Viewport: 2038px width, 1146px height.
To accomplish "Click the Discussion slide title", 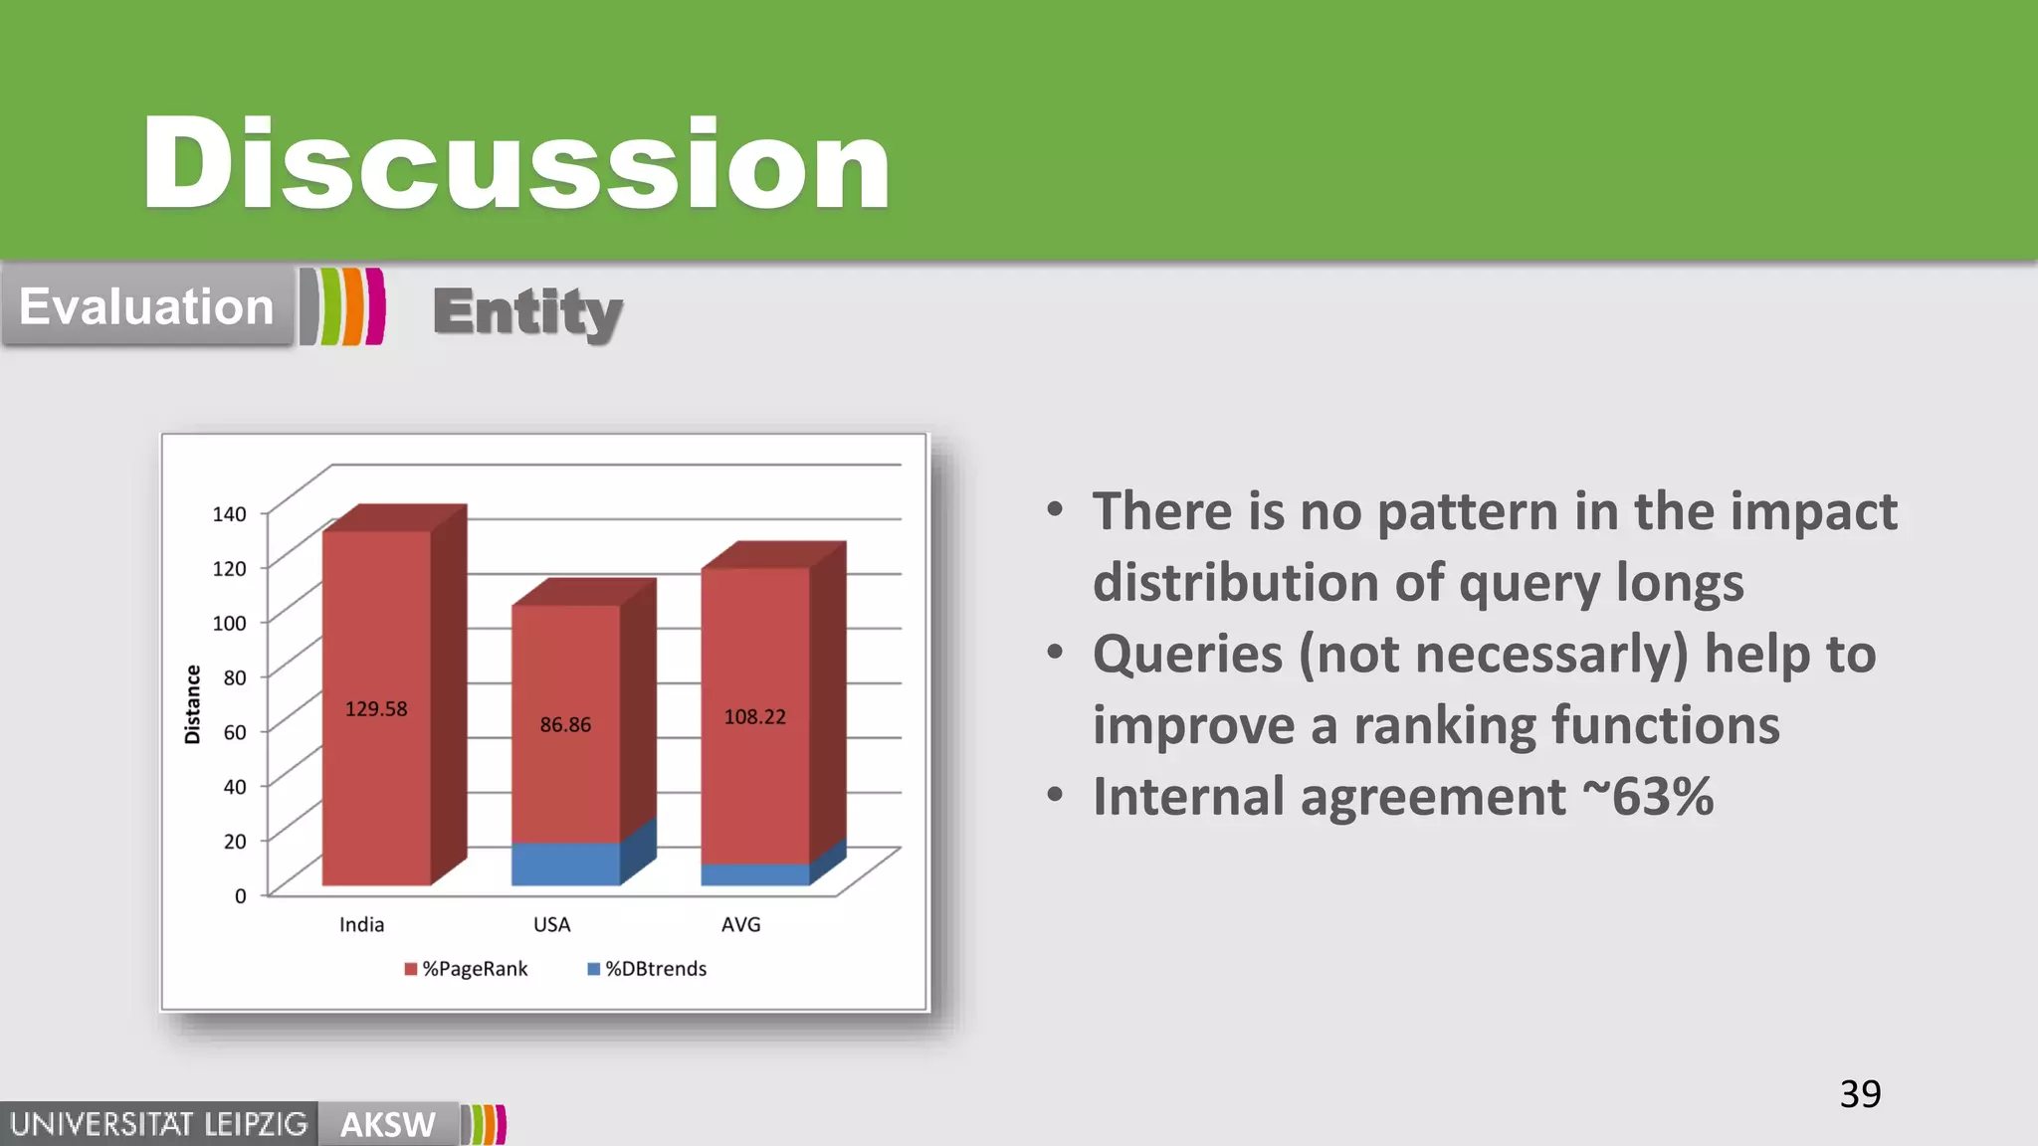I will click(x=515, y=164).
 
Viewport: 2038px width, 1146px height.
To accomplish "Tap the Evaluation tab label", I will click(x=146, y=306).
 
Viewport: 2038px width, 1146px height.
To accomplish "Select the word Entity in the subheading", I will click(x=527, y=312).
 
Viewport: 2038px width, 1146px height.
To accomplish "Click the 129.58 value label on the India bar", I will click(x=376, y=709).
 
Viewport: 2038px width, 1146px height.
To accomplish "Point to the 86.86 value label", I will click(x=565, y=725).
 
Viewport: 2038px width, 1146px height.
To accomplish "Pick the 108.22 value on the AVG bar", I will click(x=754, y=717).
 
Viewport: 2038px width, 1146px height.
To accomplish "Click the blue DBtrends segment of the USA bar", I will click(x=565, y=863).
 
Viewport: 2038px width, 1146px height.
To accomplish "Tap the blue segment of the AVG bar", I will click(x=754, y=874).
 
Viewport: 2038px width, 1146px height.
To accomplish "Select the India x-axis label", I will click(x=361, y=925).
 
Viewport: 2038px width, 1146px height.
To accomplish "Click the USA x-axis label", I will click(x=551, y=925).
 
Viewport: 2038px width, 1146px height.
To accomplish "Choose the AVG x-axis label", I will click(x=740, y=925).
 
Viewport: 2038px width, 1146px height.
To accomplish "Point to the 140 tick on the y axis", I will click(x=229, y=514).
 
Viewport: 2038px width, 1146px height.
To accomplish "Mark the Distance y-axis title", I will click(x=192, y=704).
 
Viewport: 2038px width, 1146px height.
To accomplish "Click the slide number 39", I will click(x=1860, y=1094).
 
